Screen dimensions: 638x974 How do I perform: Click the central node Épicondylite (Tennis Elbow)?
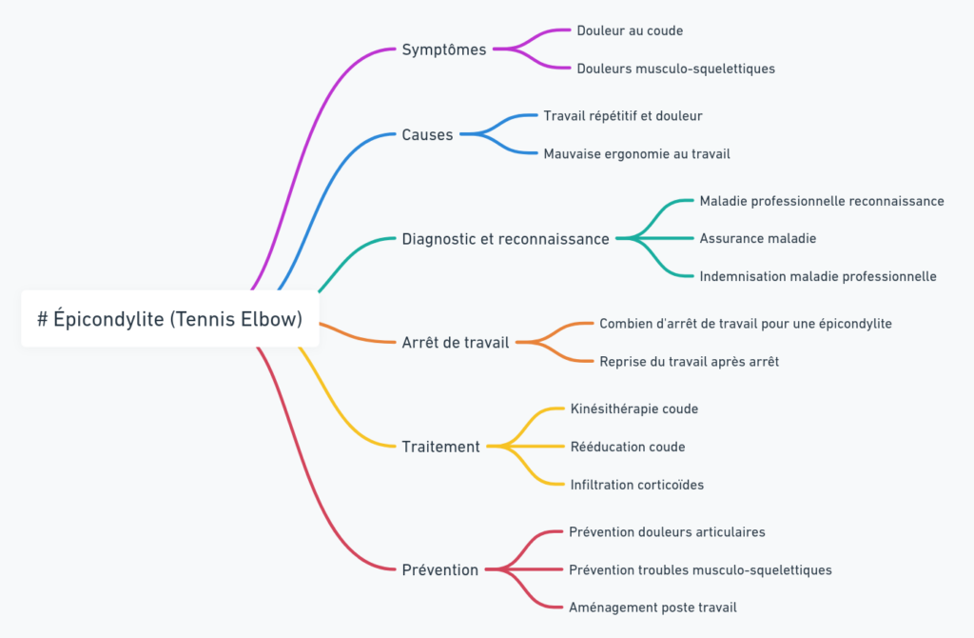coord(170,320)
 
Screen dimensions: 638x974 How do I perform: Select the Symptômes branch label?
coord(444,50)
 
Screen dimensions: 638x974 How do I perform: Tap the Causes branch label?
coord(427,135)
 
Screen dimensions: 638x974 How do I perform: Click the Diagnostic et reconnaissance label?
coord(505,239)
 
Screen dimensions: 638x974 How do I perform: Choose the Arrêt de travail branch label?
coord(456,342)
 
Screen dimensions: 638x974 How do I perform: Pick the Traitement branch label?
coord(440,447)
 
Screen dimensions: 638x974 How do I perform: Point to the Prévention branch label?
coord(439,570)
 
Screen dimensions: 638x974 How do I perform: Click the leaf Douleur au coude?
coord(630,30)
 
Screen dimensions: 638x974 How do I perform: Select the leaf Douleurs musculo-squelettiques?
coord(675,69)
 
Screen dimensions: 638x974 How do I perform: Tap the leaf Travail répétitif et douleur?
coord(623,116)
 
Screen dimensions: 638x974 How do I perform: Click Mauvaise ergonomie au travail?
coord(636,153)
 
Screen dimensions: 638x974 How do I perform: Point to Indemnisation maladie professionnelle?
coord(818,276)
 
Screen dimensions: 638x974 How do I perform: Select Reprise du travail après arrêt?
coord(689,362)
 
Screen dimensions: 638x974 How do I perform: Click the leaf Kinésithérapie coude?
coord(633,409)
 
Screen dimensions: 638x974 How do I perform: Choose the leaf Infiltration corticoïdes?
coord(636,485)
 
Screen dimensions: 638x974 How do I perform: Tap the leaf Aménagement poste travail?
coord(653,608)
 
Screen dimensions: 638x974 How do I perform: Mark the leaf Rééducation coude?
coord(627,447)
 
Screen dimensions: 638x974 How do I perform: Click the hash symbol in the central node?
coord(43,320)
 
